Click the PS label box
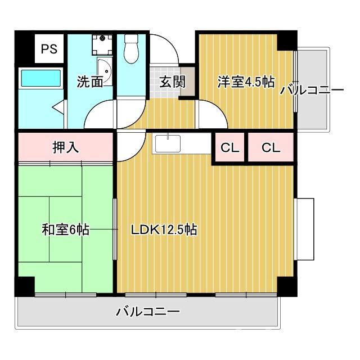pyautogui.click(x=48, y=49)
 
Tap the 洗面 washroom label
pyautogui.click(x=90, y=82)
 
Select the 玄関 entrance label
pyautogui.click(x=172, y=82)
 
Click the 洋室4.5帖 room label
pyautogui.click(x=246, y=82)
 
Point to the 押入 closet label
pyautogui.click(x=65, y=148)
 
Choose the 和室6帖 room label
pyautogui.click(x=65, y=230)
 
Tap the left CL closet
pyautogui.click(x=229, y=148)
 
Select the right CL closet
pyautogui.click(x=271, y=148)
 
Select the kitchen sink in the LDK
pyautogui.click(x=167, y=143)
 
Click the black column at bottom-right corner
pyautogui.click(x=286, y=286)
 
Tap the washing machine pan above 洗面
pyautogui.click(x=102, y=44)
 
